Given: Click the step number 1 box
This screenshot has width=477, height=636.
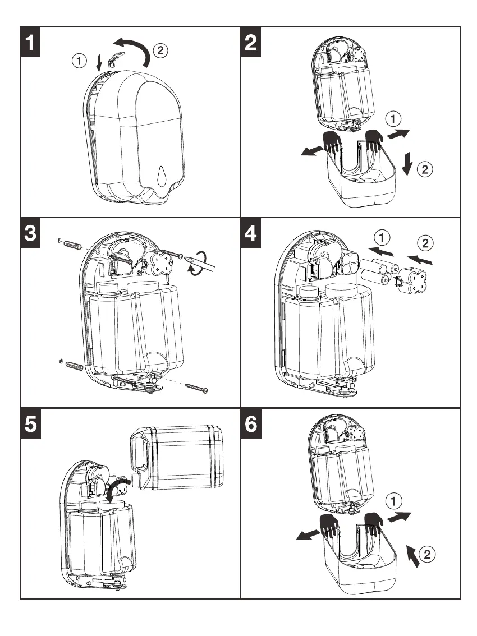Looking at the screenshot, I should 33,42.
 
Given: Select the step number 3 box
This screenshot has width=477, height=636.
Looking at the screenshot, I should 33,233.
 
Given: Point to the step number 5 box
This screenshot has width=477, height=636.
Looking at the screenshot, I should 33,423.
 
